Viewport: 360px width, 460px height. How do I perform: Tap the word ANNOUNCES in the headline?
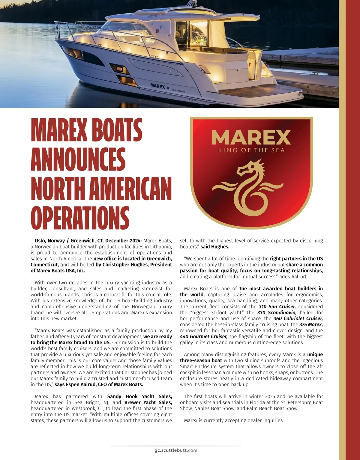78,159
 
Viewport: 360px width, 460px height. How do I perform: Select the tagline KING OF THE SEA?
251,150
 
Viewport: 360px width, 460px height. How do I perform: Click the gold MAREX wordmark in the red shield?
251,137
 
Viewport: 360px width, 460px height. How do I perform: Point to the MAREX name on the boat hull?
157,86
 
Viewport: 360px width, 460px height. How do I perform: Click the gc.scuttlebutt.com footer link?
176,450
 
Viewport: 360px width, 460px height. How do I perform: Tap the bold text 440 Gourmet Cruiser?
204,337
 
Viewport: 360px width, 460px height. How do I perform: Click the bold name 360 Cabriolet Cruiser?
298,319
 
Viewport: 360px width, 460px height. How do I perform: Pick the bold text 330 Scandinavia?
277,313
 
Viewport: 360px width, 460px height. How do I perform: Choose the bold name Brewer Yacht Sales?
148,402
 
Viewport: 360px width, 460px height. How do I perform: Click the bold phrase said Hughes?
215,247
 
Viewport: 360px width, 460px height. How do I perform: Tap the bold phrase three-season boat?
201,361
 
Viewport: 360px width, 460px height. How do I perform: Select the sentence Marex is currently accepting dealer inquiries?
234,420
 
